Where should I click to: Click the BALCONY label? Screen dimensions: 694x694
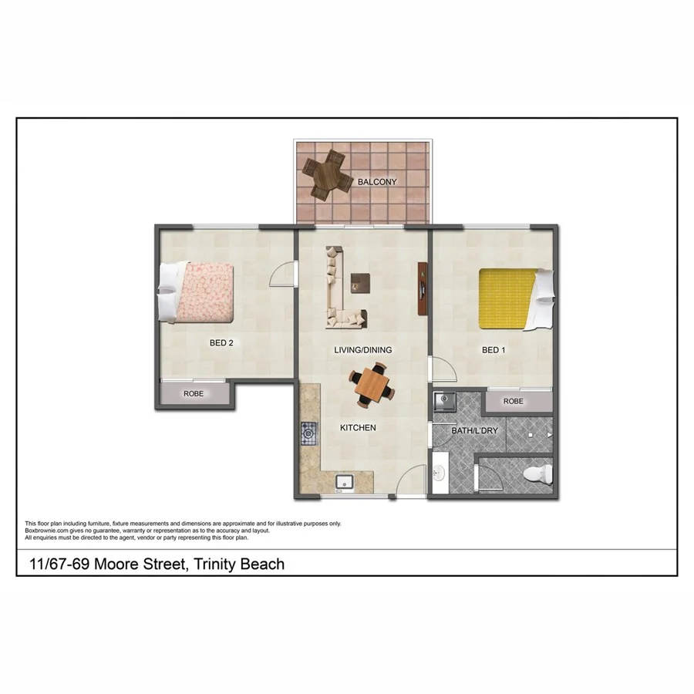[377, 182]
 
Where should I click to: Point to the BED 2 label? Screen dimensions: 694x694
[221, 343]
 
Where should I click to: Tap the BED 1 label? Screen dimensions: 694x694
[494, 350]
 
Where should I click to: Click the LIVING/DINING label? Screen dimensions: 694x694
[362, 350]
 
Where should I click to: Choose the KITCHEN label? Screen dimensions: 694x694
[358, 427]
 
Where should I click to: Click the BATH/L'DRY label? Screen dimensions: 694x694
[472, 430]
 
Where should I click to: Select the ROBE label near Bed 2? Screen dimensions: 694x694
[193, 394]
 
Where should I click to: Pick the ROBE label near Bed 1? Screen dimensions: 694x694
[513, 402]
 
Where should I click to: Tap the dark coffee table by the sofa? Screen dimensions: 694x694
[359, 282]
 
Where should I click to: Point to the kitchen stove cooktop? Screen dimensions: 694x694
[309, 434]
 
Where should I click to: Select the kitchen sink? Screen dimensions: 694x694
[344, 483]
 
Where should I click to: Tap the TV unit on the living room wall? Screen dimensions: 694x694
[422, 288]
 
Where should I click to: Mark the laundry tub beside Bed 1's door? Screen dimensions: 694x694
[444, 402]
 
